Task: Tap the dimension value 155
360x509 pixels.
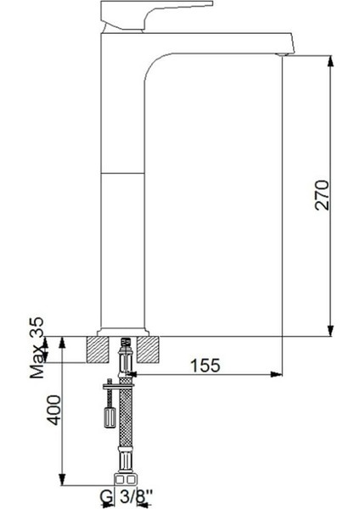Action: [x=204, y=365]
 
